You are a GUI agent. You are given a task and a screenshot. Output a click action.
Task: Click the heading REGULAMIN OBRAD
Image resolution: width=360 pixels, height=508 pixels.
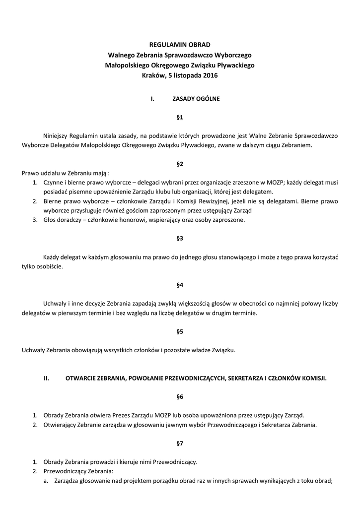click(180, 44)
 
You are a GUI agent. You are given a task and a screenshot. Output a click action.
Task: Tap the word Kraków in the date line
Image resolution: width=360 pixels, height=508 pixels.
click(152, 75)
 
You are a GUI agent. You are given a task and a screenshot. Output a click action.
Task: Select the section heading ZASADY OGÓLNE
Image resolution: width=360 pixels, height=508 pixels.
click(196, 99)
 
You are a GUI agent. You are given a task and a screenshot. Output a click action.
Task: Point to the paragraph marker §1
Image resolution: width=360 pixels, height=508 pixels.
click(180, 118)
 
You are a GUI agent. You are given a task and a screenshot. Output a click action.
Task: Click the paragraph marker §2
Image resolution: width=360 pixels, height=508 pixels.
click(180, 163)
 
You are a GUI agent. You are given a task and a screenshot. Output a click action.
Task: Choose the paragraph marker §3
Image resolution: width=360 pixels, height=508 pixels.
click(180, 238)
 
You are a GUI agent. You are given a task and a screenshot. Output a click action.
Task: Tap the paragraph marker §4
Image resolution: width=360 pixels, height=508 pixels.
click(180, 285)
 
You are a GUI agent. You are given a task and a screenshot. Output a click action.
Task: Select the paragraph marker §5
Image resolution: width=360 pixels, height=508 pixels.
click(180, 331)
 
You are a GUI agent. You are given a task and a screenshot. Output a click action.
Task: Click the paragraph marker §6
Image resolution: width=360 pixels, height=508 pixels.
click(180, 396)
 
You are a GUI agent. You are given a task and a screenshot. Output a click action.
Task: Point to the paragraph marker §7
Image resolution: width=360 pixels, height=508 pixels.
click(180, 443)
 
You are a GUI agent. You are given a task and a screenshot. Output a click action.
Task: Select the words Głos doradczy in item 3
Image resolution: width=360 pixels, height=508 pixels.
click(62, 220)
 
